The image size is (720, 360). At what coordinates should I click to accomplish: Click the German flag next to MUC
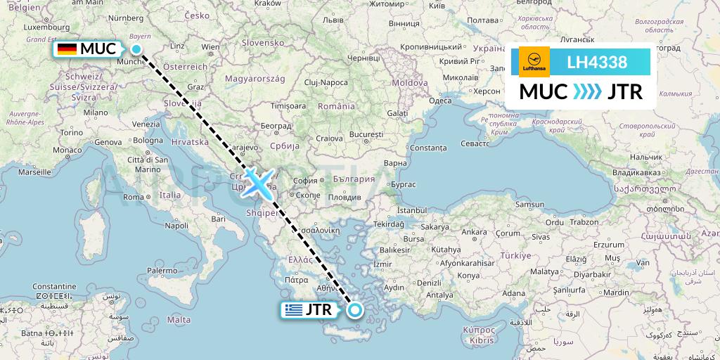(x=67, y=49)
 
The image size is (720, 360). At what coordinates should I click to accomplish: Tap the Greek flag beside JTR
(x=294, y=309)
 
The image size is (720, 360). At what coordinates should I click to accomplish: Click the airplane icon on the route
(x=258, y=184)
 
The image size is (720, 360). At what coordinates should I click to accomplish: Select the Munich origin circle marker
(x=136, y=49)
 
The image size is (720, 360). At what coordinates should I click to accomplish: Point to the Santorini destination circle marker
(x=355, y=310)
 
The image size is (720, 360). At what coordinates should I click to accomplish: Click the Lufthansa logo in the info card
(x=534, y=62)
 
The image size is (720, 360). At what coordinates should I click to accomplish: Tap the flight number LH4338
(x=597, y=63)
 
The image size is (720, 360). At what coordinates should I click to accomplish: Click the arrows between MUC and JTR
(x=579, y=92)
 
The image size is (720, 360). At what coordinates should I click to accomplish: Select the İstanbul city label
(x=412, y=210)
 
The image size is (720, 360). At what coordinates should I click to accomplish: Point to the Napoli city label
(x=176, y=226)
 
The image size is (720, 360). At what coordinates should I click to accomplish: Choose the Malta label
(x=180, y=319)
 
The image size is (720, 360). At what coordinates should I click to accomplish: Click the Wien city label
(x=210, y=46)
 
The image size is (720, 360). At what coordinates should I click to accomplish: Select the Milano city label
(x=96, y=112)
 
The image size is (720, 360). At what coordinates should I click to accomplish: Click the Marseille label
(x=34, y=171)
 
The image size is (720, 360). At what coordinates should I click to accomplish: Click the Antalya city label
(x=440, y=295)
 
